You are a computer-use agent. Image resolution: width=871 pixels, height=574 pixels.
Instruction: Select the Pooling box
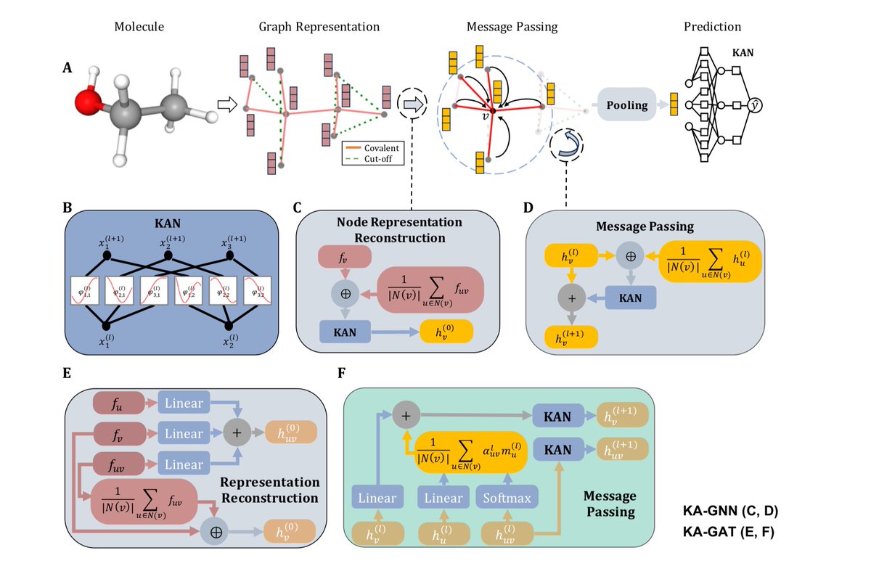coord(627,105)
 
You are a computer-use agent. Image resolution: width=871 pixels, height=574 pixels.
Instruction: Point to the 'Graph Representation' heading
coord(319,27)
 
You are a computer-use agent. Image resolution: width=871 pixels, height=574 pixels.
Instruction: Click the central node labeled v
coord(493,111)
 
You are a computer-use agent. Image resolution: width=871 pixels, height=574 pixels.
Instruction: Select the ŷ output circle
coord(756,106)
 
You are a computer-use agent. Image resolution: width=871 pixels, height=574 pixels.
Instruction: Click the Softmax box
coord(507,498)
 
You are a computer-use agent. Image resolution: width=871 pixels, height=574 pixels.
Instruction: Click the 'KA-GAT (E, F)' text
coord(735,531)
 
